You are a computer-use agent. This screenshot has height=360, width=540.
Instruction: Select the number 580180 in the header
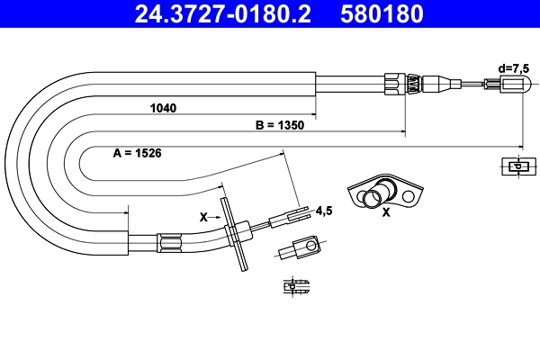(x=381, y=13)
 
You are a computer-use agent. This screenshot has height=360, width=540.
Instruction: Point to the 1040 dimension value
(x=164, y=107)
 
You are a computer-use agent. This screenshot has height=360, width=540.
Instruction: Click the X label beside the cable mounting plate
(x=203, y=217)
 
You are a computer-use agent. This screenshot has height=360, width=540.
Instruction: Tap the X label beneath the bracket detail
(x=386, y=213)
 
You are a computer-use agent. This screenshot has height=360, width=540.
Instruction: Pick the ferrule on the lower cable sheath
(x=168, y=241)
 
